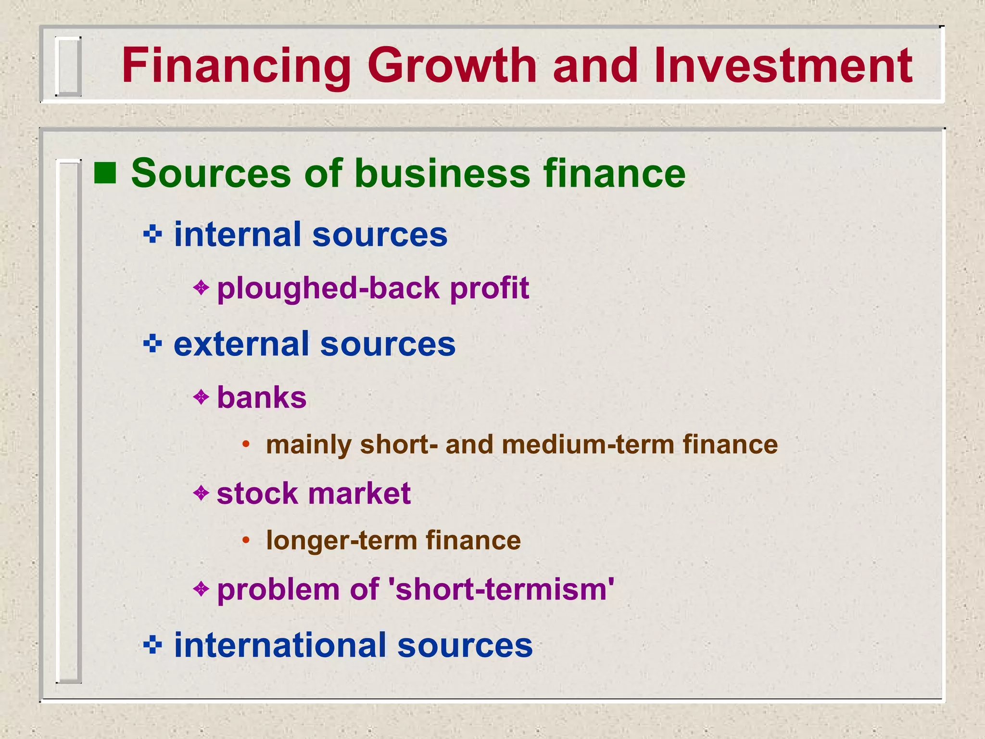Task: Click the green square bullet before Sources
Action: pyautogui.click(x=105, y=173)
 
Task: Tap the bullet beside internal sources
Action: pyautogui.click(x=153, y=235)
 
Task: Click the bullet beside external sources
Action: pyautogui.click(x=153, y=344)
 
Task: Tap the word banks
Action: pyautogui.click(x=262, y=398)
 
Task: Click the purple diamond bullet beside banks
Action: pyautogui.click(x=201, y=397)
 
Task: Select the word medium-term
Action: pyautogui.click(x=588, y=444)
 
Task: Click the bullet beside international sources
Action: pyautogui.click(x=153, y=645)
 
